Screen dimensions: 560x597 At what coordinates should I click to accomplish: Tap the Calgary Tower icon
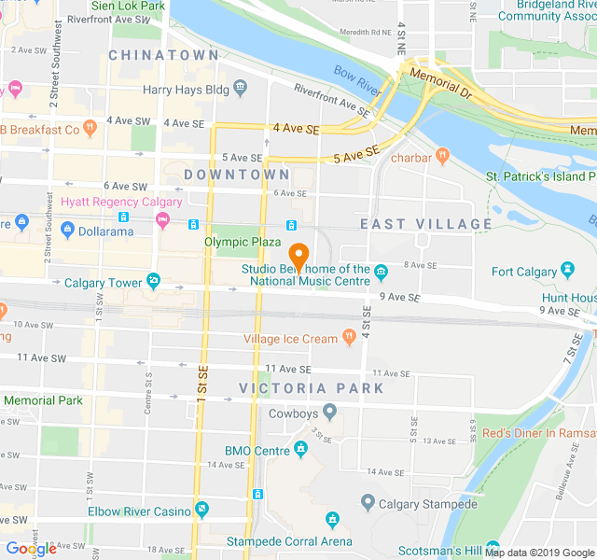153,281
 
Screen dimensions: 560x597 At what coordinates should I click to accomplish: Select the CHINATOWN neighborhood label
163,55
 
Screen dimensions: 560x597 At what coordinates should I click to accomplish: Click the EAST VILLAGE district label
425,224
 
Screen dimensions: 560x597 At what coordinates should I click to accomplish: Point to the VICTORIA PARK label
311,388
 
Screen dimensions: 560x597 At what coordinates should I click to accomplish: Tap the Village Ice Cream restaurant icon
349,338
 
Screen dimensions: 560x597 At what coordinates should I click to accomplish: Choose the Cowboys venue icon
329,413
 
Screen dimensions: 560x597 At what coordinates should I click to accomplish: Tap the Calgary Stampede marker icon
367,504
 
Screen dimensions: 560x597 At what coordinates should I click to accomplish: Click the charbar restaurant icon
442,157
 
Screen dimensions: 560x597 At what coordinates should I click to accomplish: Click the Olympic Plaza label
243,242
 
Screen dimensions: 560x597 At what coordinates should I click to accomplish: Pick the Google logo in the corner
31,548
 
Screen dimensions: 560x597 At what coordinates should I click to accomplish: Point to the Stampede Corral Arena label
289,540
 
